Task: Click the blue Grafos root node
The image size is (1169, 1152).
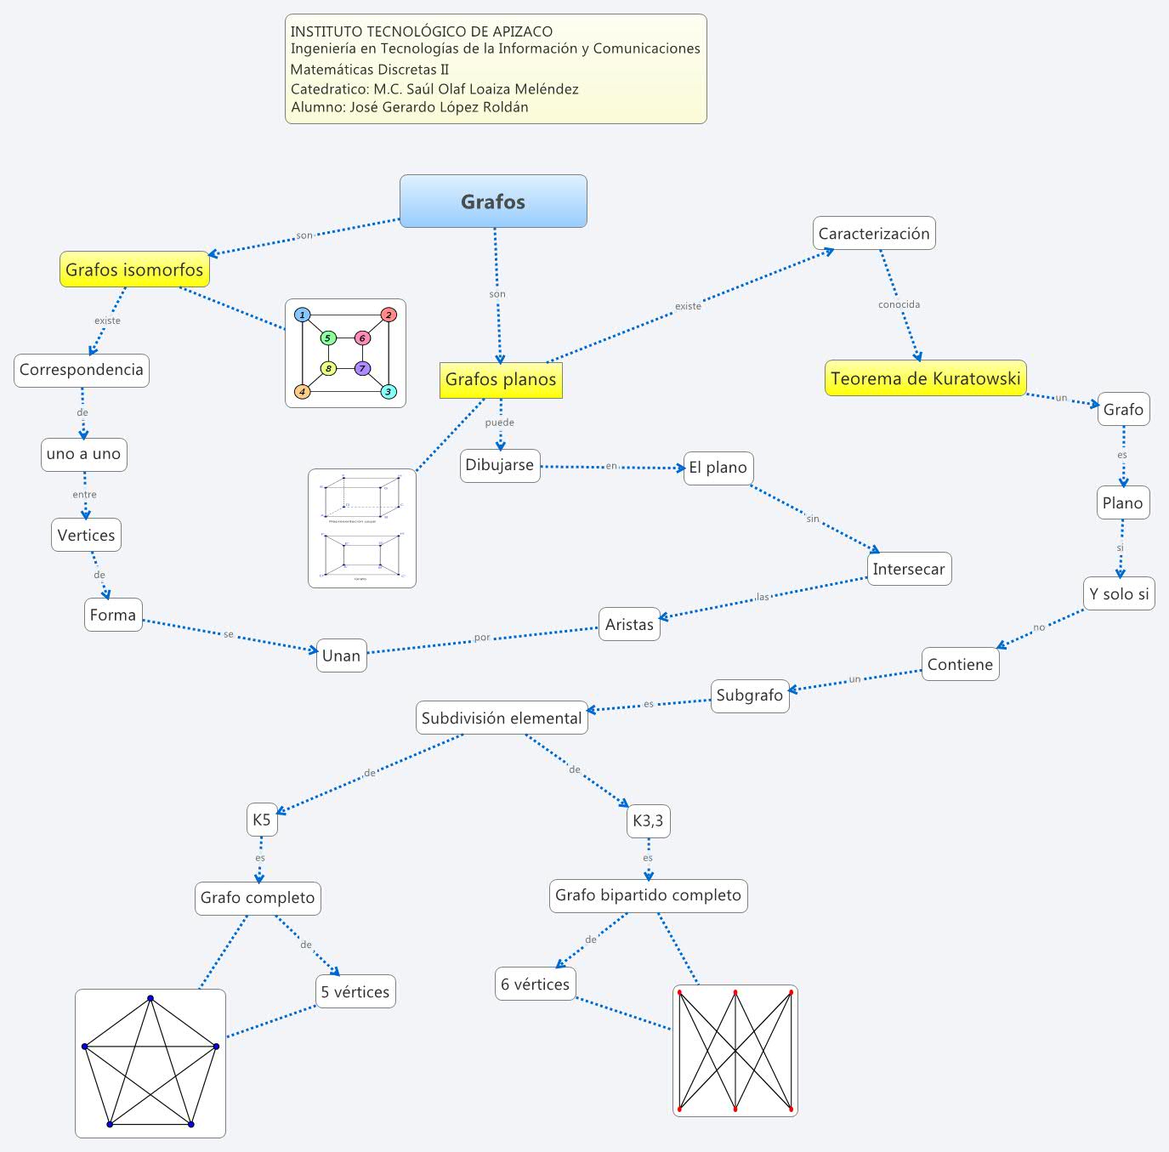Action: click(x=493, y=201)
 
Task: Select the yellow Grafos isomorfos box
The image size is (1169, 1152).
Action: click(x=134, y=270)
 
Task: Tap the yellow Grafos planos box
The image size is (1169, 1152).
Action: click(x=501, y=379)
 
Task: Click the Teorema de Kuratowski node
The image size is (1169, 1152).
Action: click(x=925, y=378)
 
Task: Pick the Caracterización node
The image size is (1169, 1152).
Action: click(x=874, y=234)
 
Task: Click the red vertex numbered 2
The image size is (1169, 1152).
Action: click(x=389, y=315)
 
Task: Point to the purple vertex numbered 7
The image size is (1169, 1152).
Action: click(x=363, y=368)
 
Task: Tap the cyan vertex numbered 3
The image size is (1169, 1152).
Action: click(x=389, y=392)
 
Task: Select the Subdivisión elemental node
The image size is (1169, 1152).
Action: click(x=502, y=718)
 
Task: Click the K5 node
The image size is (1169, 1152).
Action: click(x=261, y=820)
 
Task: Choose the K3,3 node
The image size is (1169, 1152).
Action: click(x=648, y=821)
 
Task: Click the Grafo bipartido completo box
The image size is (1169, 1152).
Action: click(x=648, y=895)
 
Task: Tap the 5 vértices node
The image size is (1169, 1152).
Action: click(x=355, y=992)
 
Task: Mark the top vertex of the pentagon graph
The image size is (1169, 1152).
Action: click(x=150, y=998)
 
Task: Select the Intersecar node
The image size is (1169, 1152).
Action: click(x=909, y=570)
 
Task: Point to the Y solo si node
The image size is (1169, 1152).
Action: click(x=1119, y=594)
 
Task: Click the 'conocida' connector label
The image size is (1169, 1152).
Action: click(x=899, y=304)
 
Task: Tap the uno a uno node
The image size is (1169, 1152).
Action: click(x=84, y=454)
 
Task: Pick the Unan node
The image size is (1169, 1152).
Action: click(x=341, y=655)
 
